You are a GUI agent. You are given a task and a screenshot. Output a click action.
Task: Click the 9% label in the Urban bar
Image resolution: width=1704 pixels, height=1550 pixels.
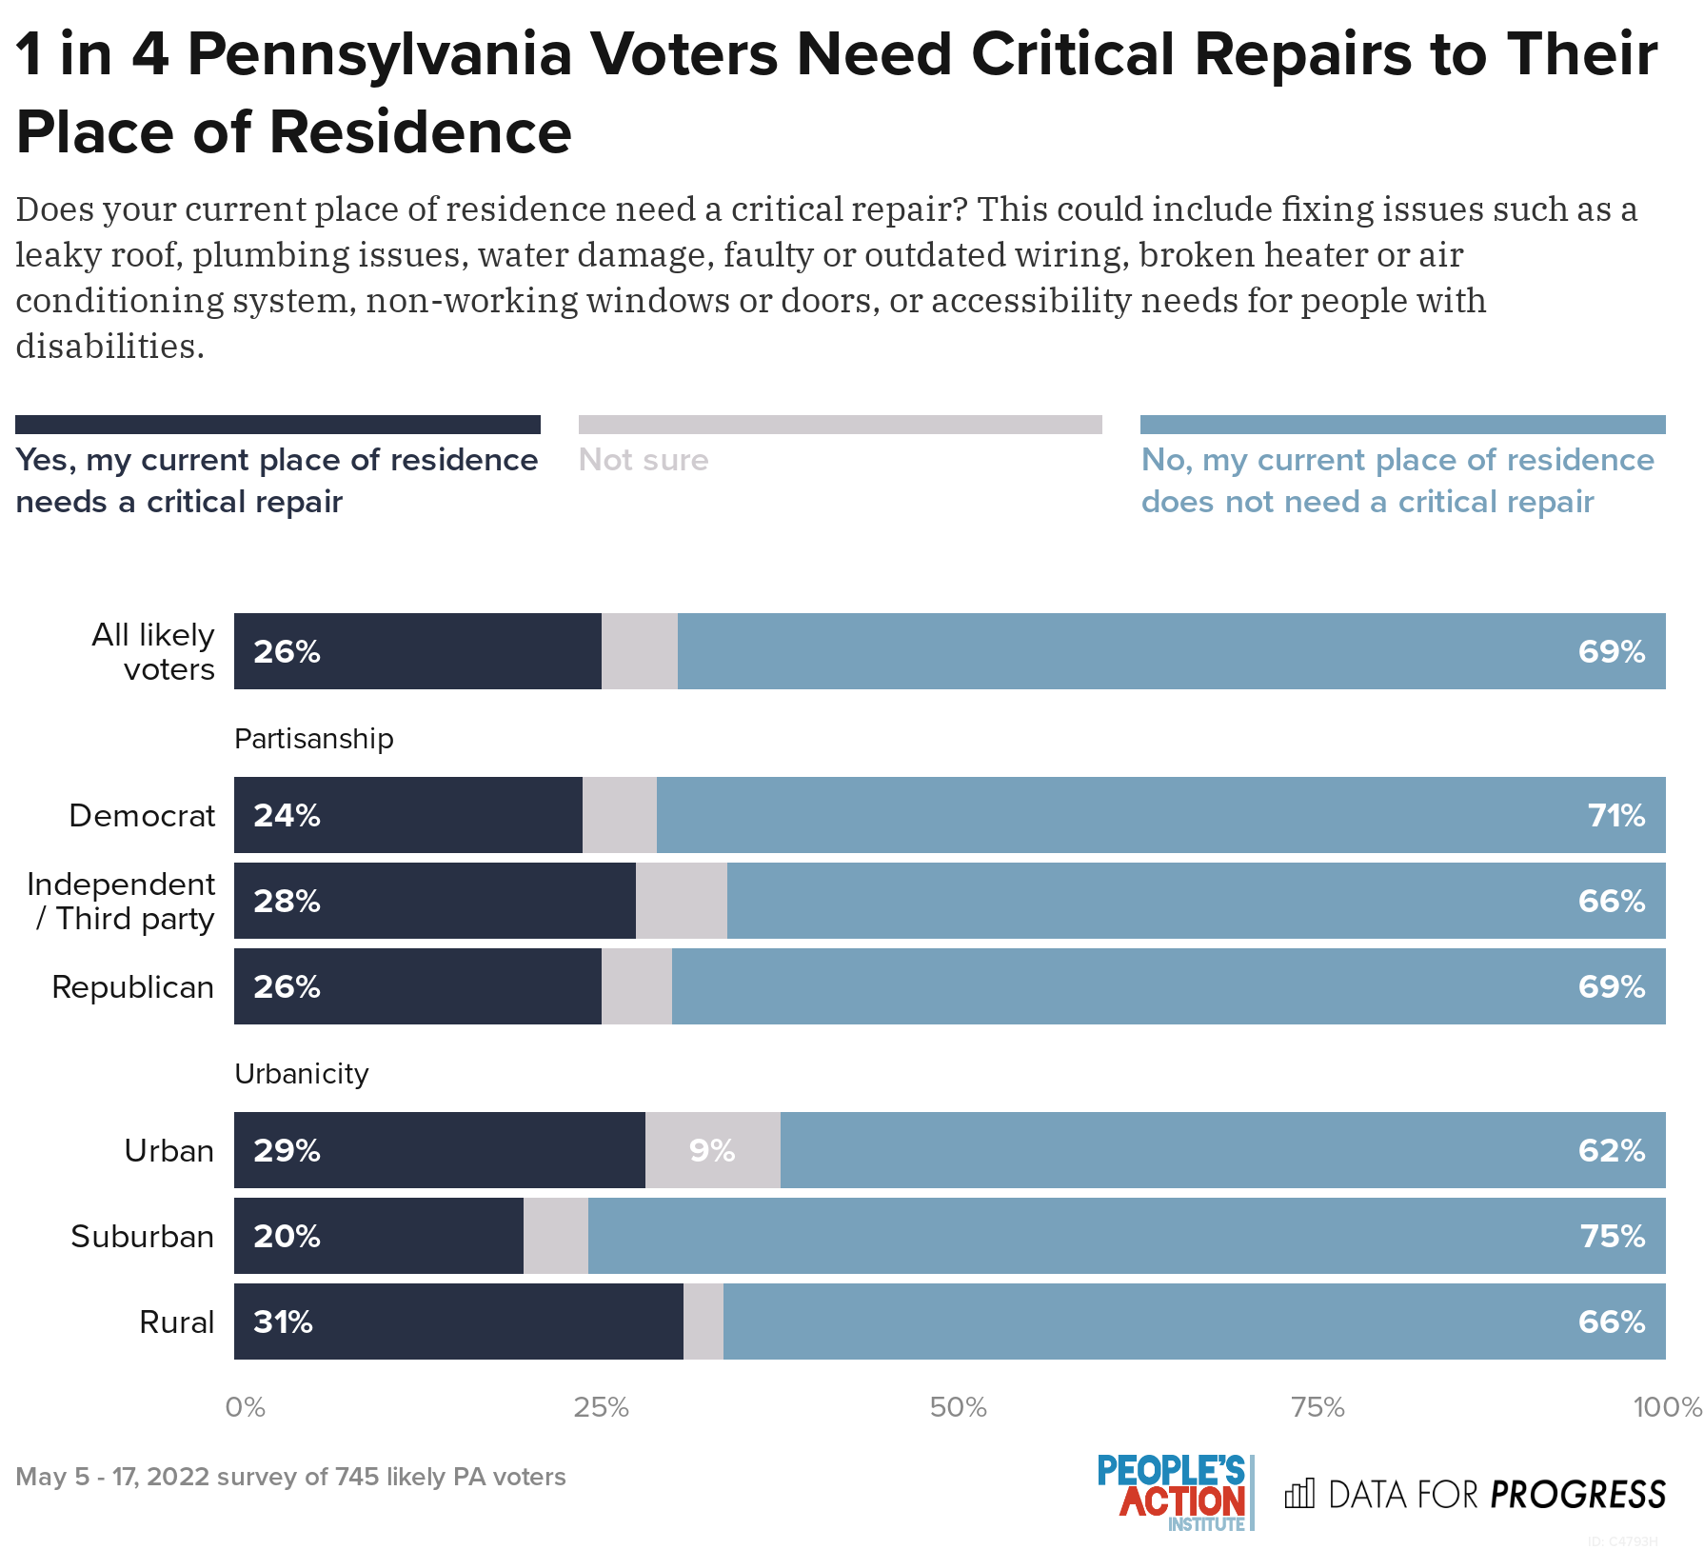pos(712,1150)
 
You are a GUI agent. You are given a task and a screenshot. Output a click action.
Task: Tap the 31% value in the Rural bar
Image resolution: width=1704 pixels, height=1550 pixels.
pos(283,1321)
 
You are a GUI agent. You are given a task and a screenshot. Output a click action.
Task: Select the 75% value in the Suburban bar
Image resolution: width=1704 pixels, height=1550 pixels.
pos(1612,1236)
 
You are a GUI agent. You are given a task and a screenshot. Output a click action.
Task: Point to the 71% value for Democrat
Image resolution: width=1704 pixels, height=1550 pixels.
pos(1615,815)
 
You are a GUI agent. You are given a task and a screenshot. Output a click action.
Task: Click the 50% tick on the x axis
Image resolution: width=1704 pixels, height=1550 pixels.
pos(958,1407)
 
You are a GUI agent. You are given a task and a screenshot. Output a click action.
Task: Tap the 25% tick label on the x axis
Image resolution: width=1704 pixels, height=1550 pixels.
pos(601,1407)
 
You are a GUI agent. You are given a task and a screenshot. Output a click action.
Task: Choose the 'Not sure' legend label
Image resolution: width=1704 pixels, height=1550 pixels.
pos(644,460)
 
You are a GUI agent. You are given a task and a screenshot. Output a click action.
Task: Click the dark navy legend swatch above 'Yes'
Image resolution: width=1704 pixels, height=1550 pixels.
pos(278,425)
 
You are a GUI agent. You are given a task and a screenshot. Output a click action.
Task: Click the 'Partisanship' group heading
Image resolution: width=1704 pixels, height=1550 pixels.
pos(314,739)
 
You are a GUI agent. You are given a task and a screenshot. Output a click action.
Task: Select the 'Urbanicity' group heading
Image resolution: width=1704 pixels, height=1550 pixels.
pos(302,1074)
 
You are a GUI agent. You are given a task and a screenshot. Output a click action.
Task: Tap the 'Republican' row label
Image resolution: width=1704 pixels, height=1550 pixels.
pos(133,987)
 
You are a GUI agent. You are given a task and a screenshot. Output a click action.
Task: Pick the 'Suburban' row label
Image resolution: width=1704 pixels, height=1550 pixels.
pos(143,1236)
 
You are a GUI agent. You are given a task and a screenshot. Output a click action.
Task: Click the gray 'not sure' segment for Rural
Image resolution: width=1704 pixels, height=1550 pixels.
pos(703,1321)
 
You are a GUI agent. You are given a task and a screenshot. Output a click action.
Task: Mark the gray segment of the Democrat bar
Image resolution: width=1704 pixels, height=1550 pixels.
pos(620,815)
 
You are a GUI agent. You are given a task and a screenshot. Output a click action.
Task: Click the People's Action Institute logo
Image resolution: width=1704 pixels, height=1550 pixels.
pos(1174,1492)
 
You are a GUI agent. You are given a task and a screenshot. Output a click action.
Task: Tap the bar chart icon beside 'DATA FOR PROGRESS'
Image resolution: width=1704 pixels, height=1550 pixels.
pos(1299,1493)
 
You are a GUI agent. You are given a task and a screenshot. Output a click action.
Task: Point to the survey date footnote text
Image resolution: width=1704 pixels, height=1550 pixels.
pos(291,1477)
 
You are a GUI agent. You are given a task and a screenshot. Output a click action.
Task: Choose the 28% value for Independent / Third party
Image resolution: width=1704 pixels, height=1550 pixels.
pos(287,901)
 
